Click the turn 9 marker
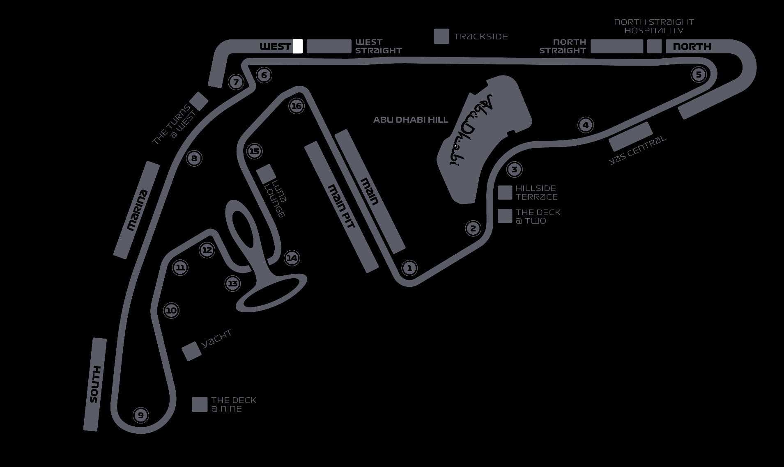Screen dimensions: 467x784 (141, 415)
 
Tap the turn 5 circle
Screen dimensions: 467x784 (699, 75)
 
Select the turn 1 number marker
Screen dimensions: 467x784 (409, 268)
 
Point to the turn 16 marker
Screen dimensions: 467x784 (296, 106)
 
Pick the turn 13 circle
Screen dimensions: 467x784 (233, 283)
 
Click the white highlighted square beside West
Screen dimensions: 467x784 (298, 46)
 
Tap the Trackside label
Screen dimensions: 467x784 (481, 37)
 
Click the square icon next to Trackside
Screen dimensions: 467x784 (441, 36)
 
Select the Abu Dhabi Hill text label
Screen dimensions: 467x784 (411, 120)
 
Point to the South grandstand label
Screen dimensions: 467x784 (95, 384)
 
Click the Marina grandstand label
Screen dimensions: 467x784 (137, 210)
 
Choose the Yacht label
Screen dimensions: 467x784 (217, 339)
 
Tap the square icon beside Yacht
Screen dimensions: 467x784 (191, 351)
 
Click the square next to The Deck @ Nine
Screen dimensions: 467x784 (200, 404)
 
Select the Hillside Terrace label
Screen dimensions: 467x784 (536, 192)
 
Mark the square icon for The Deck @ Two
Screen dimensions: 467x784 (505, 216)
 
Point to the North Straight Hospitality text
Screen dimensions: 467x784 (654, 26)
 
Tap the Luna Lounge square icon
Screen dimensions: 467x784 (266, 174)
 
